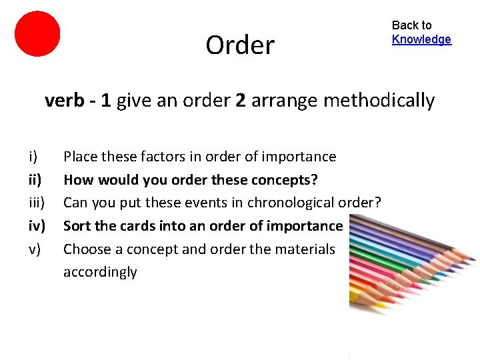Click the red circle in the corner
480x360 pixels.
tap(37, 33)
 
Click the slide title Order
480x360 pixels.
tap(240, 45)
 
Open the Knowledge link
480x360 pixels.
tap(421, 39)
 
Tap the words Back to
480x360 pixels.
tap(411, 25)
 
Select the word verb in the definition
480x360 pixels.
tap(63, 101)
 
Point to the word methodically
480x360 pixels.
tap(379, 101)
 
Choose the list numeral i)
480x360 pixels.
tap(33, 157)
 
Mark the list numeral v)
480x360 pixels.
tap(34, 249)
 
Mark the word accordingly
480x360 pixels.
tap(100, 272)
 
